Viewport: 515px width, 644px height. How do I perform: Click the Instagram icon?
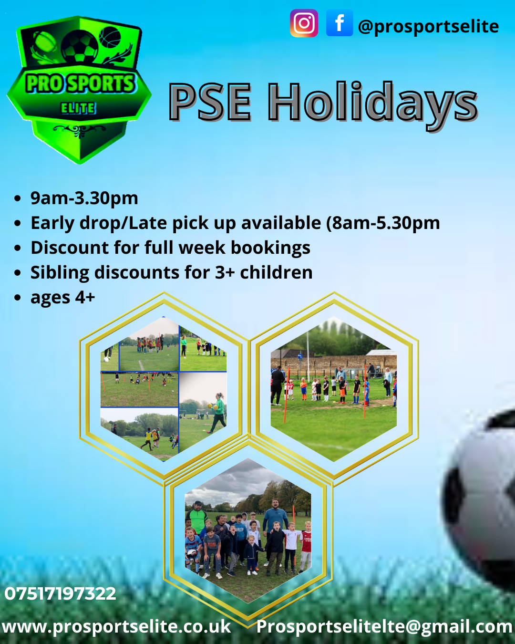pos(304,23)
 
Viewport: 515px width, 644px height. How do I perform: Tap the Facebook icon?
pos(340,23)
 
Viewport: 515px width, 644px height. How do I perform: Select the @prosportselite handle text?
pos(429,27)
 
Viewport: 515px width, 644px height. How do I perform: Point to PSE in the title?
pos(210,102)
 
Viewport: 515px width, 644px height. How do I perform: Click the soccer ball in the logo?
pos(80,46)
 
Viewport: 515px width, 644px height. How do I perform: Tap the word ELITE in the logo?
pos(78,108)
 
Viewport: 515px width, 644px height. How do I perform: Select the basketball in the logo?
pos(110,37)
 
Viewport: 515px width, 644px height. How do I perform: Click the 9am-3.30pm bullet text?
pos(84,198)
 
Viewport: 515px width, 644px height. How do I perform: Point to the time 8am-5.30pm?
pos(386,223)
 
